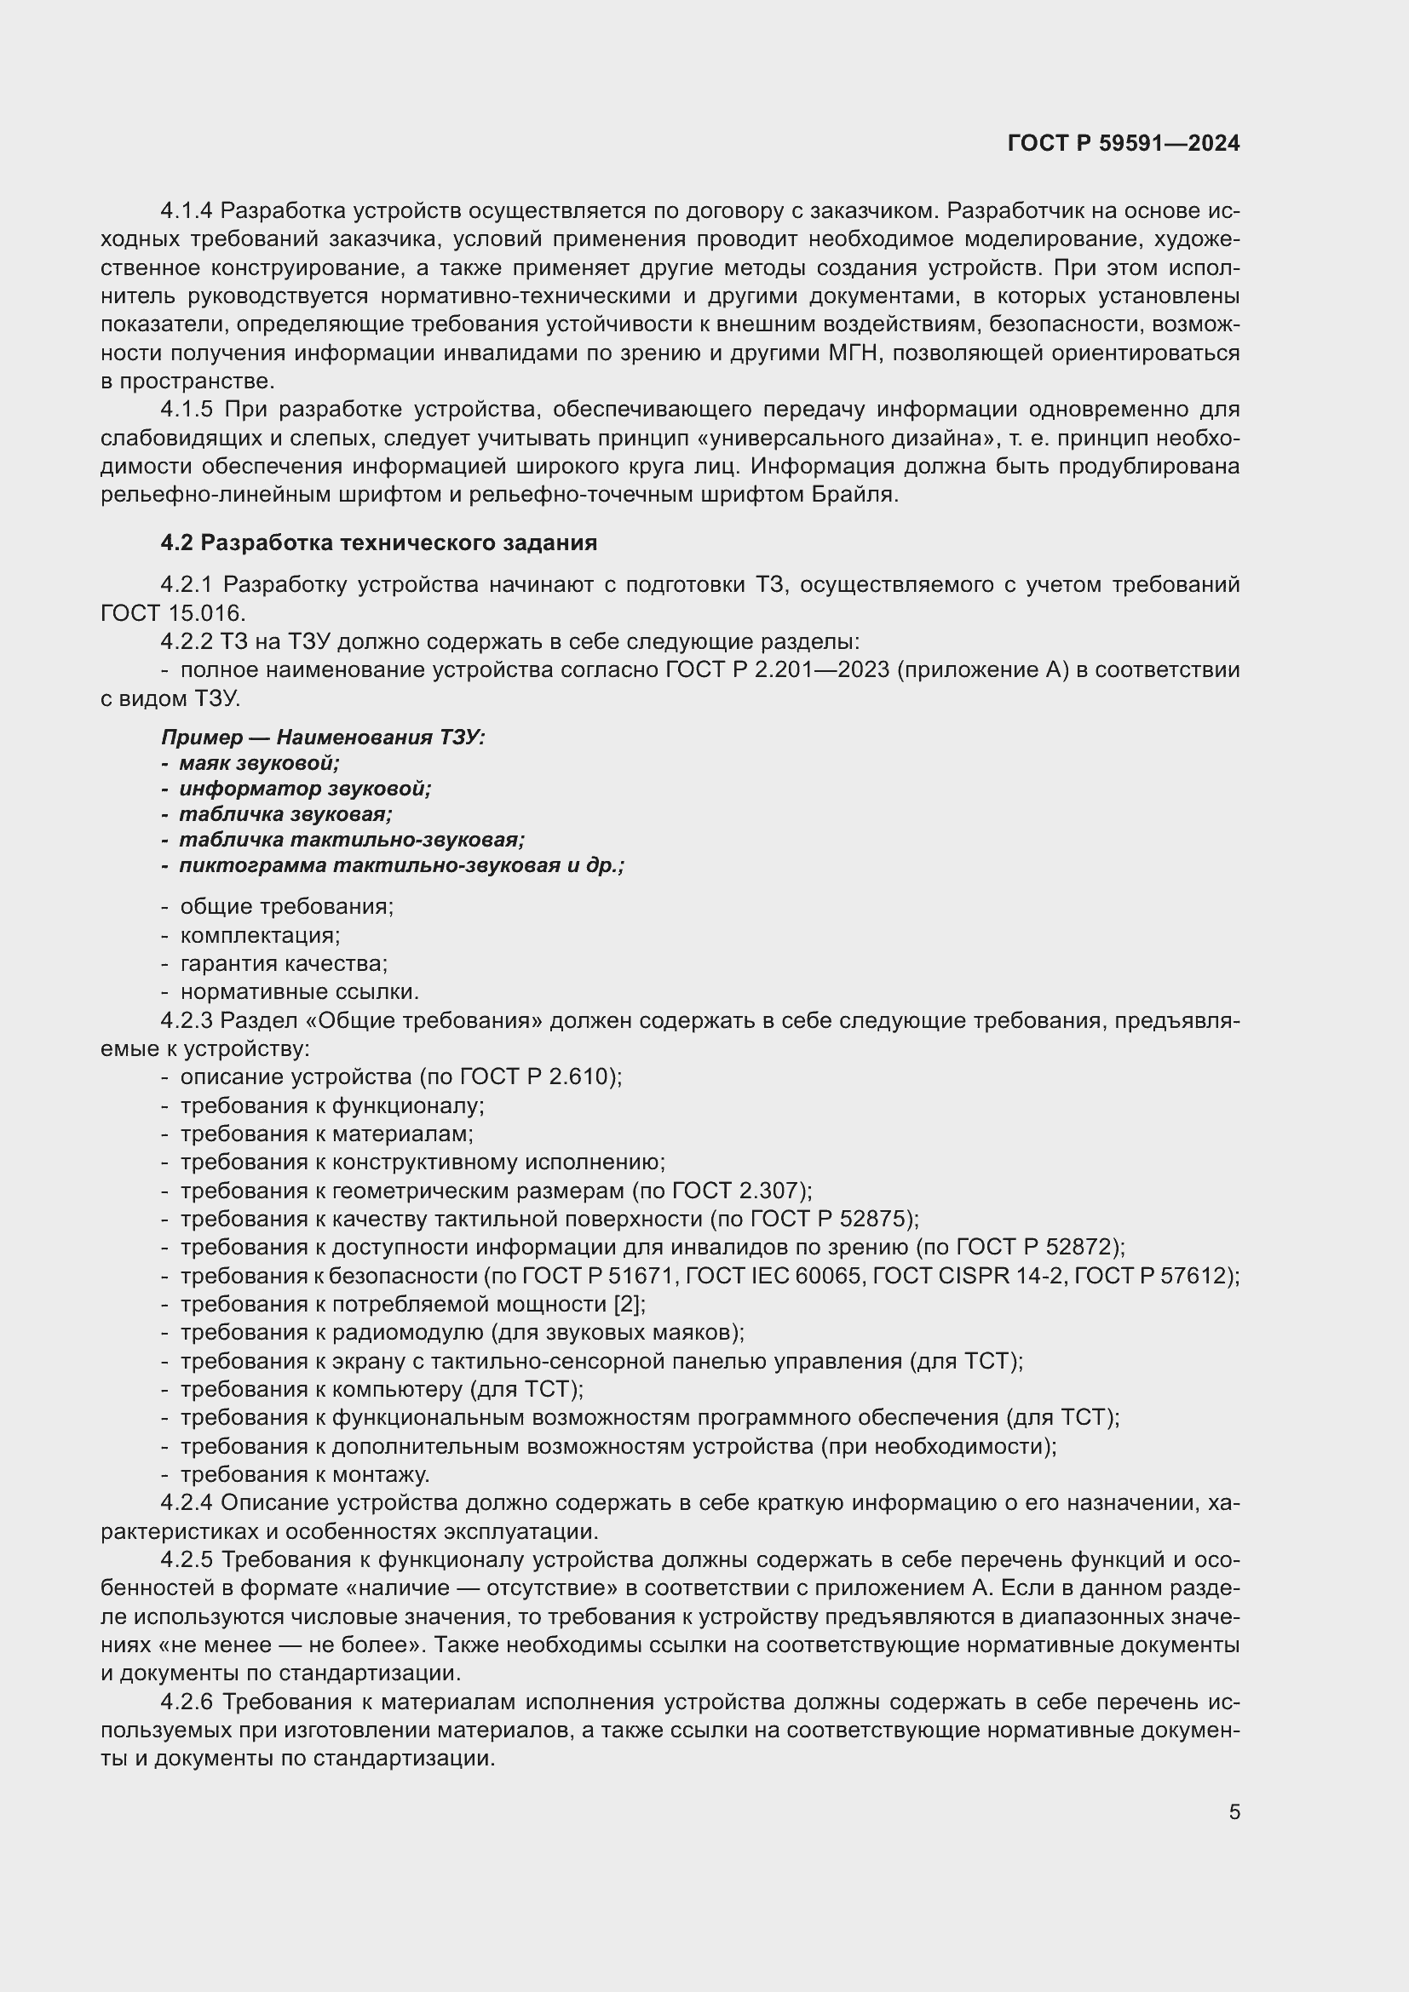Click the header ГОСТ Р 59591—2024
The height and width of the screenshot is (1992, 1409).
click(1124, 143)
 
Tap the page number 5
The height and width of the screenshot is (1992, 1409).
click(1234, 1811)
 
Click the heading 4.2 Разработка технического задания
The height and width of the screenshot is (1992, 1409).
click(378, 543)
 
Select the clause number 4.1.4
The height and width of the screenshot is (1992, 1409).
click(187, 211)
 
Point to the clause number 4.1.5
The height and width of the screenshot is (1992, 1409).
click(187, 410)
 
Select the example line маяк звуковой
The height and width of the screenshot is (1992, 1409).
click(259, 763)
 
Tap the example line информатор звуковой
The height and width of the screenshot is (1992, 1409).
click(304, 789)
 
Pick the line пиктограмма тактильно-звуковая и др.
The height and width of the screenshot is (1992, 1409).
click(401, 866)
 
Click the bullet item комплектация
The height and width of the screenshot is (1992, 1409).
click(260, 935)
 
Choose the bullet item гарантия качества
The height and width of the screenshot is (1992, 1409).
click(284, 964)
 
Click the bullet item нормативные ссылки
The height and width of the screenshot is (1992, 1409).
click(299, 991)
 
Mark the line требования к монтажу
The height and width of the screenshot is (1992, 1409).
click(304, 1475)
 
